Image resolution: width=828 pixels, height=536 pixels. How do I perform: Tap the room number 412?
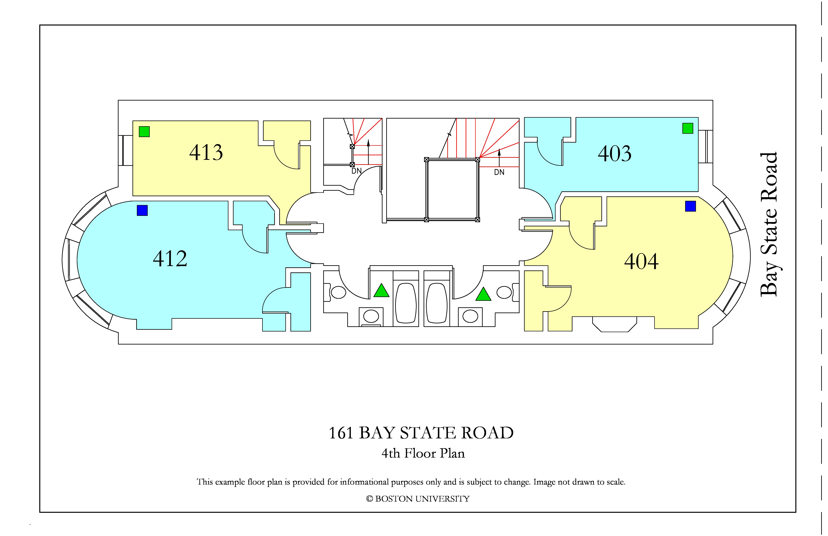(x=170, y=259)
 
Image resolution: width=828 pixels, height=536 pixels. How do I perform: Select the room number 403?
(x=615, y=153)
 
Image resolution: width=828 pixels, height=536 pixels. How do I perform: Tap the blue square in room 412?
(x=142, y=210)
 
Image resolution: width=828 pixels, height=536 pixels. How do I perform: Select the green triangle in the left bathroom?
(x=381, y=291)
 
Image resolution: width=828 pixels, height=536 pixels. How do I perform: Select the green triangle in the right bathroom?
(x=483, y=294)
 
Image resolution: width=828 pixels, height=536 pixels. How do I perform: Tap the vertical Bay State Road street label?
(x=769, y=224)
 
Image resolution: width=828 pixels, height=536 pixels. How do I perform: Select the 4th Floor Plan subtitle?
(x=423, y=453)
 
